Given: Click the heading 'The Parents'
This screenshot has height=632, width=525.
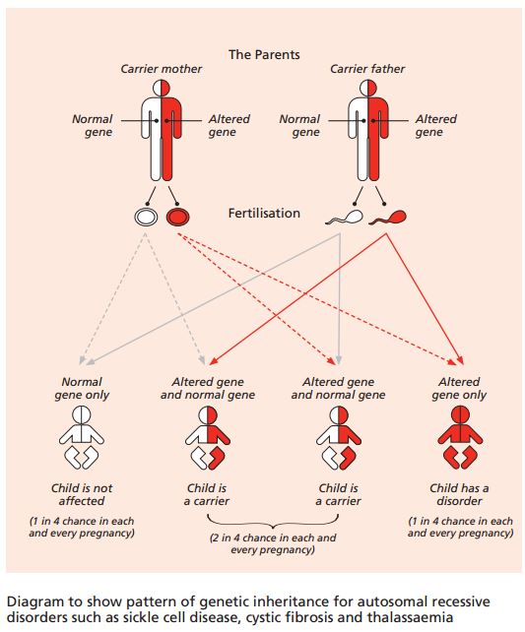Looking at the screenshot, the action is click(264, 54).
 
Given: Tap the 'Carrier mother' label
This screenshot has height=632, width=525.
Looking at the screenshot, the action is click(162, 69).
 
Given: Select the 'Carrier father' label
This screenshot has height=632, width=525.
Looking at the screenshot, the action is click(367, 69).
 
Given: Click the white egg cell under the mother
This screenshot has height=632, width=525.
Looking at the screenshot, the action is click(146, 217).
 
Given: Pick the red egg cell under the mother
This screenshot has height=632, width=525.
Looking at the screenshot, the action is click(178, 217).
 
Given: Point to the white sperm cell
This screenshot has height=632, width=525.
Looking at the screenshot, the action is click(345, 218).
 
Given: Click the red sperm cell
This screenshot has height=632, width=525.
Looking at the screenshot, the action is click(387, 218).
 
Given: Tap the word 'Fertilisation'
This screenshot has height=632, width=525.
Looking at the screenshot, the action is click(264, 213).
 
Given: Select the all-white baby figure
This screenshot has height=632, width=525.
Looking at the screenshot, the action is click(82, 437).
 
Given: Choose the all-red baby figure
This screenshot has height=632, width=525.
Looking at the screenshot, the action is click(460, 437).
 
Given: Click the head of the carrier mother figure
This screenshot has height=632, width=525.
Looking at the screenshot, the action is click(162, 88).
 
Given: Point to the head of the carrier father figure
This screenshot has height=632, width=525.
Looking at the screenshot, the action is click(368, 88).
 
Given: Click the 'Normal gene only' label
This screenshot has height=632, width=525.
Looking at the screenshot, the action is click(82, 388).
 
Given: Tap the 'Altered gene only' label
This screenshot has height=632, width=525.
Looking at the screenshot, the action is click(459, 388).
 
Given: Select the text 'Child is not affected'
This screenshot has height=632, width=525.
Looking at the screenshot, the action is click(82, 494).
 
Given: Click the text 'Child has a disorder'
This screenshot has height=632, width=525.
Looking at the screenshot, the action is click(459, 494).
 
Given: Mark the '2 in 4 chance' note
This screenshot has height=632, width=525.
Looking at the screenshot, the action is click(273, 543).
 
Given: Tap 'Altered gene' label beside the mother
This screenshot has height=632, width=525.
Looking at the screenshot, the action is click(230, 125).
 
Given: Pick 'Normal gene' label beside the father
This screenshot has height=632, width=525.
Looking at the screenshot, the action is click(299, 125).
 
